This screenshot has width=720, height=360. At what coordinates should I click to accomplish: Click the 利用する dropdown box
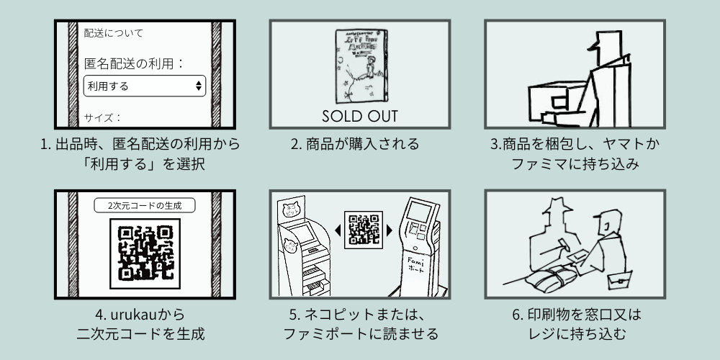(x=144, y=86)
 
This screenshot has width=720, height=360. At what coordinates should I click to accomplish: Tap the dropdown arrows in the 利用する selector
(x=199, y=86)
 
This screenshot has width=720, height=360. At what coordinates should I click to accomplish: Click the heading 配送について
(x=114, y=33)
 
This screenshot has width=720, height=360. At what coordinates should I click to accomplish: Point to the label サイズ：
(x=103, y=117)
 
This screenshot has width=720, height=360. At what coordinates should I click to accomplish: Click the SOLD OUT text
(x=359, y=116)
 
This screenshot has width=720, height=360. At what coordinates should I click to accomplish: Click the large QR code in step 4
(x=145, y=253)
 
